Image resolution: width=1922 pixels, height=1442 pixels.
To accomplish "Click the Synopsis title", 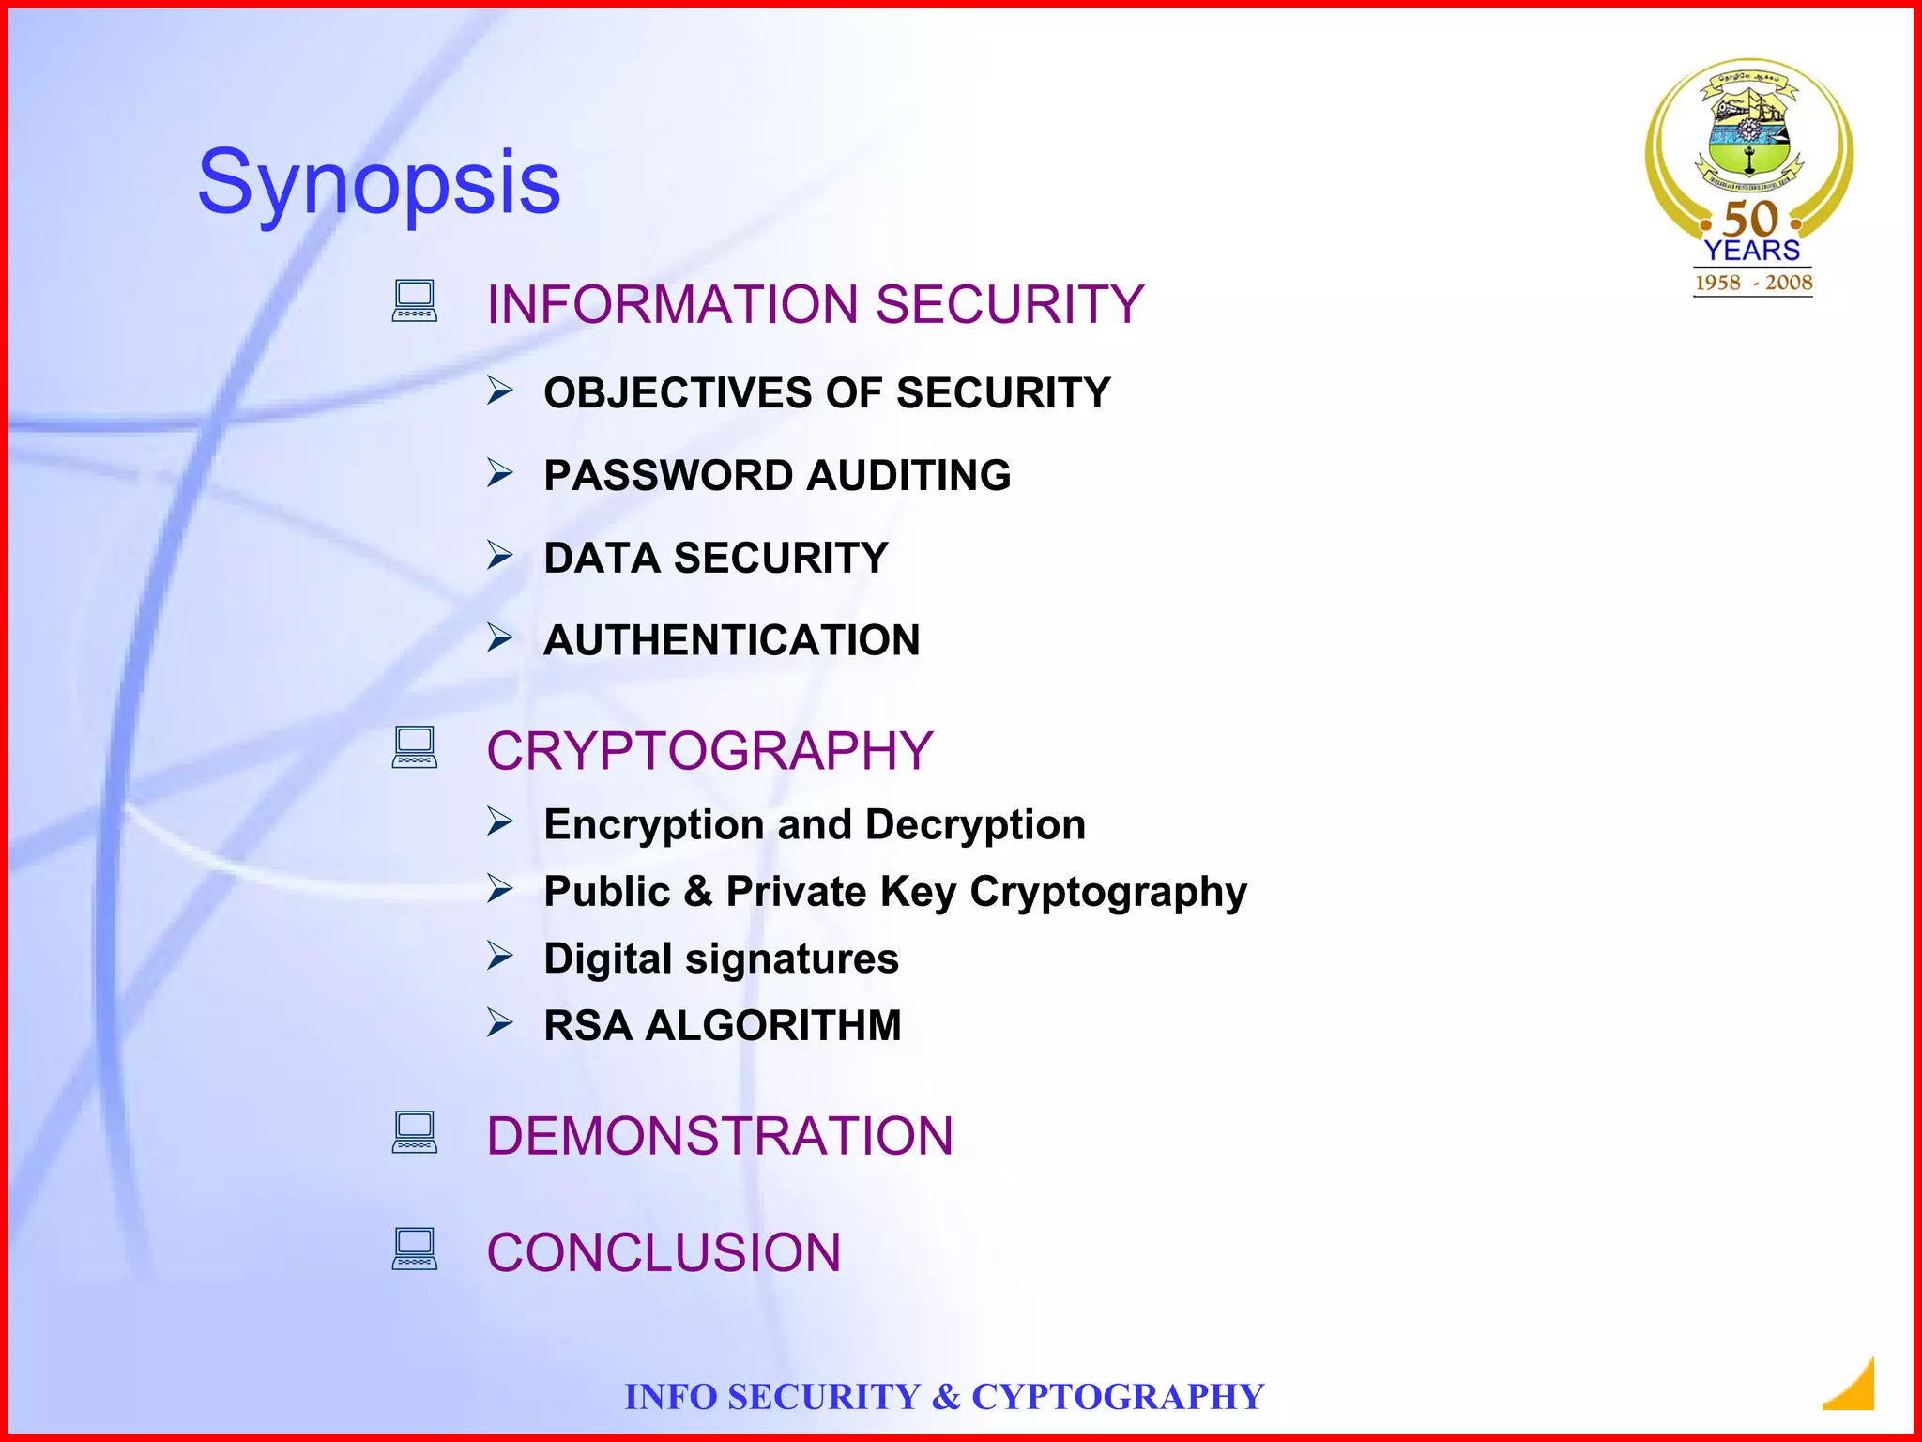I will coord(378,182).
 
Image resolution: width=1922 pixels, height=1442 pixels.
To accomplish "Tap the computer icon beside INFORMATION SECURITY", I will coord(415,300).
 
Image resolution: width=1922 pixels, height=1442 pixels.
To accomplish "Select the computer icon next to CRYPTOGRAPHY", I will coord(415,747).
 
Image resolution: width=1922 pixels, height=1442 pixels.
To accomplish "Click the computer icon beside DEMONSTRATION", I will coord(415,1132).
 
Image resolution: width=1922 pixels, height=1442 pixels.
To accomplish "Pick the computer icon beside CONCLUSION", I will coord(415,1249).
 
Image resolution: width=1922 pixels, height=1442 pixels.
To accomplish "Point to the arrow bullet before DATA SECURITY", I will coord(500,556).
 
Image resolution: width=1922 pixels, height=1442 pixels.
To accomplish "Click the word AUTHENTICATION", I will coord(732,641).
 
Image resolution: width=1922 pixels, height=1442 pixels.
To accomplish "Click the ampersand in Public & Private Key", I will coord(698,892).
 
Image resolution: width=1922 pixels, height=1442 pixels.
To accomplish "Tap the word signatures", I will coord(791,959).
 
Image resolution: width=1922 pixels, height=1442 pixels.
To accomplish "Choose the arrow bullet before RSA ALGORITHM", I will coord(500,1022).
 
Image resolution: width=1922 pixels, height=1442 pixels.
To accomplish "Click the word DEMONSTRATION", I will coord(720,1136).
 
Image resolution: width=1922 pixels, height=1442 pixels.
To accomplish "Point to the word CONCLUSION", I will coord(664,1252).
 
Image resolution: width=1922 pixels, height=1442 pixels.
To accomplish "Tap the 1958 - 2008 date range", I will coord(1753,283).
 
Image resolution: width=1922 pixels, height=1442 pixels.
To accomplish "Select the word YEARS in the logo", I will coord(1752,251).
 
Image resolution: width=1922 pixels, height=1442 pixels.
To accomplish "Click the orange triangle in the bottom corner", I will coord(1853,1387).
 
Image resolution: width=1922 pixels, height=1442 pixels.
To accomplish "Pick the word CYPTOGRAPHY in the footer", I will coord(1118,1397).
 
